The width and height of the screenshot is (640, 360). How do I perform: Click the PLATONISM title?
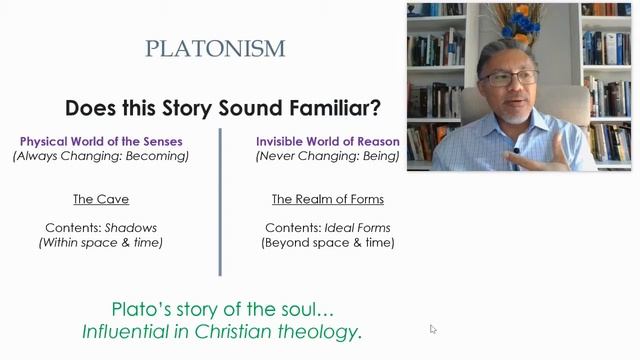(x=215, y=48)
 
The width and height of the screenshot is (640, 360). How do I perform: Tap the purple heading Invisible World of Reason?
(x=327, y=141)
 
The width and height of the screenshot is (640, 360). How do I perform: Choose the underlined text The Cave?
(x=100, y=199)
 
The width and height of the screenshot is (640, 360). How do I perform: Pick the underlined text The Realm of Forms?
(x=327, y=199)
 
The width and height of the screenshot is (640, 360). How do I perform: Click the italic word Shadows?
(x=130, y=227)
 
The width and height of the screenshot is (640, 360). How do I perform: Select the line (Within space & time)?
(x=100, y=242)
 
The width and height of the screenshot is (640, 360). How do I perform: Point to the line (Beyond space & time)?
(x=327, y=242)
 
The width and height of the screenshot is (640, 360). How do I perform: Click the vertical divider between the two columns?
(x=220, y=200)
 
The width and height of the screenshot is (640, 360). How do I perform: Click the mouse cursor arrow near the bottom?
(x=433, y=328)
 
